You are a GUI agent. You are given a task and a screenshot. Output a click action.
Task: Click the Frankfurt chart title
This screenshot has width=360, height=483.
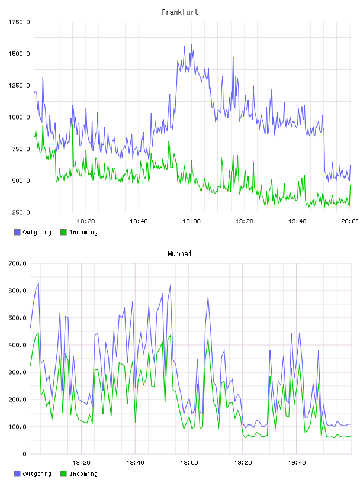[180, 12]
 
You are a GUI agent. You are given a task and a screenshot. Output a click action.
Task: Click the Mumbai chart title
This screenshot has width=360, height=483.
[179, 254]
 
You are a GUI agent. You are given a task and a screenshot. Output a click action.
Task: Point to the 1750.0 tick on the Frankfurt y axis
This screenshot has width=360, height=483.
[19, 22]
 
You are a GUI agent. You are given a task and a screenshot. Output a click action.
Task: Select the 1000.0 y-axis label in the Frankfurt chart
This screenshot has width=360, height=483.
[19, 117]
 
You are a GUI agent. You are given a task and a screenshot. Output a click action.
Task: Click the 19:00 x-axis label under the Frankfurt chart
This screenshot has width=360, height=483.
[191, 221]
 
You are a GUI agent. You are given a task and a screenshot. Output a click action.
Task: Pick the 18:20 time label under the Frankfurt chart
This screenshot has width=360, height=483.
[86, 221]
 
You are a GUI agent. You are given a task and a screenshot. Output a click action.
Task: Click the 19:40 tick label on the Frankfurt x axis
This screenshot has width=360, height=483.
[297, 221]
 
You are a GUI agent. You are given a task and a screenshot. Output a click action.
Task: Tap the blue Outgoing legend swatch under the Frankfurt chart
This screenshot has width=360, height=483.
[17, 232]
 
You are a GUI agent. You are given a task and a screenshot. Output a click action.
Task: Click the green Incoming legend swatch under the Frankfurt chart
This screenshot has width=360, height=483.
[63, 232]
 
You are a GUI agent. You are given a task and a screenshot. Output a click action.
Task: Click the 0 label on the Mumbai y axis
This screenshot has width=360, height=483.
[24, 454]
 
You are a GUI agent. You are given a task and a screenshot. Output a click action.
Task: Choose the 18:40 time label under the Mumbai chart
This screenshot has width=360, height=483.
[135, 463]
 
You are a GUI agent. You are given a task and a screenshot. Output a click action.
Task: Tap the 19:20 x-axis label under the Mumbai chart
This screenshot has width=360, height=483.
[243, 463]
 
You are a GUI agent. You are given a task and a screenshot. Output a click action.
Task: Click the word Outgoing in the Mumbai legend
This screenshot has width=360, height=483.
[37, 474]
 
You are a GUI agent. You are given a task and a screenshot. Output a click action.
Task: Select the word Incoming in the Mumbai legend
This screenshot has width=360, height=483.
[83, 474]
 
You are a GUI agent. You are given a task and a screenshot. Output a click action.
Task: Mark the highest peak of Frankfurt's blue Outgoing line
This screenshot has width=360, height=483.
[192, 44]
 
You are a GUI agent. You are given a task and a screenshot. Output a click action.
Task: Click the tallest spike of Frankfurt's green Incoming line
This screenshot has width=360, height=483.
[72, 125]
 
